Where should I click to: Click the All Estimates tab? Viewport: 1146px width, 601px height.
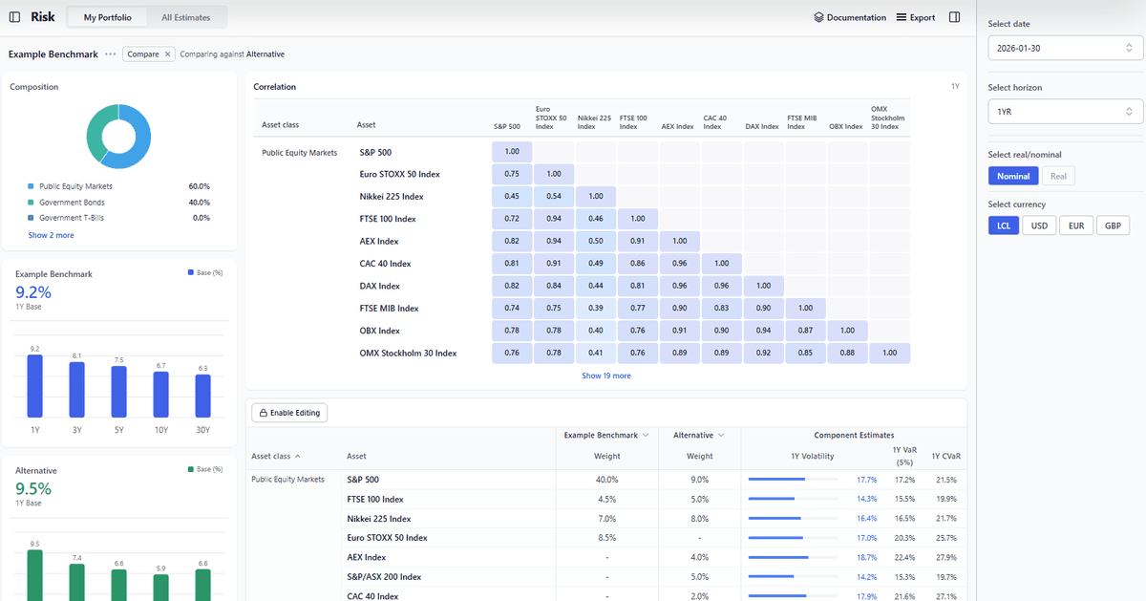(187, 17)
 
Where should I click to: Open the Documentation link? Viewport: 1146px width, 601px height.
(850, 17)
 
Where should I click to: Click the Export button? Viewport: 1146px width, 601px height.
(916, 17)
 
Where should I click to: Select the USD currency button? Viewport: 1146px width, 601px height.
(1038, 225)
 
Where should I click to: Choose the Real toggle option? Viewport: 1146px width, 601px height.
(1058, 176)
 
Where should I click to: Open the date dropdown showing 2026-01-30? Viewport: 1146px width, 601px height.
(1065, 47)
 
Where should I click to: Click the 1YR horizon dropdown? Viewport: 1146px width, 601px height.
(1065, 112)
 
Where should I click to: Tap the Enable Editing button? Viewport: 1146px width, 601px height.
(289, 413)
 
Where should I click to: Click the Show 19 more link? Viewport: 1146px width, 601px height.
(606, 376)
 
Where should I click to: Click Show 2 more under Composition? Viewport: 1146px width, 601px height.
(51, 235)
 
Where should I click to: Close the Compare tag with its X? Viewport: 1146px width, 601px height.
(168, 54)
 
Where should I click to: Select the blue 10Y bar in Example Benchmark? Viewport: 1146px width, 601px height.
(161, 394)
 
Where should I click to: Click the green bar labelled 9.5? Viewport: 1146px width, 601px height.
(35, 573)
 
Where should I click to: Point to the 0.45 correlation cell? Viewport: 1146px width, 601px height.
(512, 196)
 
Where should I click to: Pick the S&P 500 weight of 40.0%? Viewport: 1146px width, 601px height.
(606, 480)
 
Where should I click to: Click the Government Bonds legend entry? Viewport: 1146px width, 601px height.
(72, 203)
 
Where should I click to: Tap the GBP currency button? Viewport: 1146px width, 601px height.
(1112, 225)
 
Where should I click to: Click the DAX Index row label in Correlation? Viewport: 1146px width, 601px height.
(379, 286)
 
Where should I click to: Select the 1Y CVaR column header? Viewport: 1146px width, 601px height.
(944, 456)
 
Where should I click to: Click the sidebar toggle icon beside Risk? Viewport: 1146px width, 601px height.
(14, 17)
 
